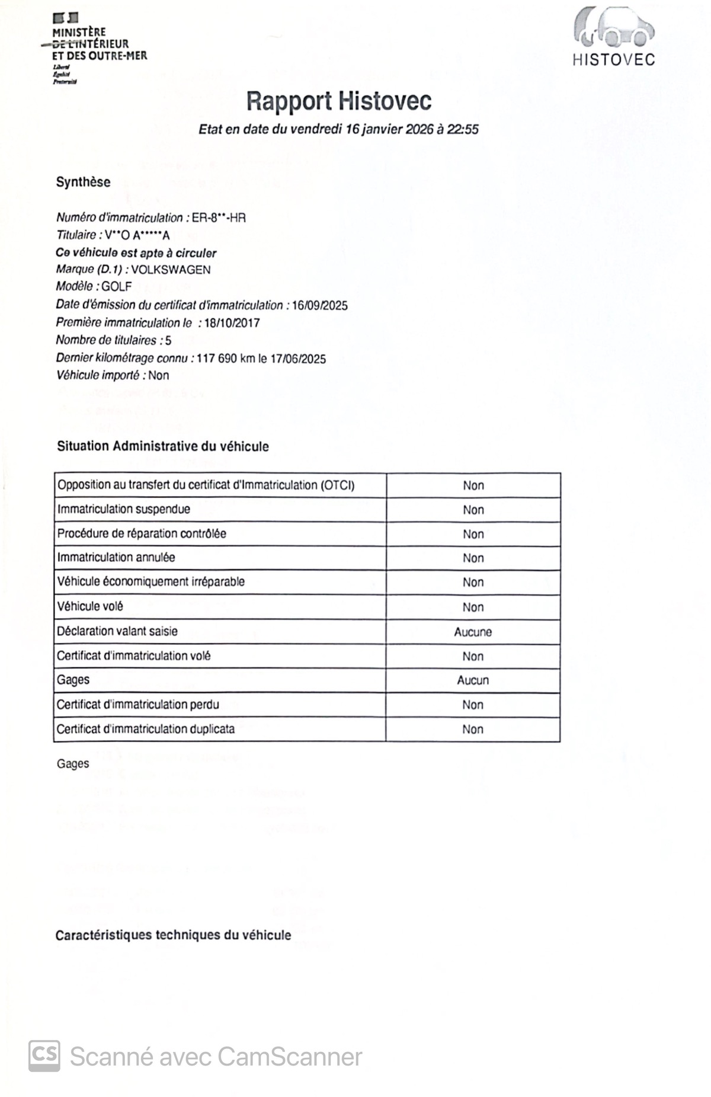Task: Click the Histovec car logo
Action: click(613, 28)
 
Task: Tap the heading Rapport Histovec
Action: click(338, 101)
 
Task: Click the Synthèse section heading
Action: click(83, 182)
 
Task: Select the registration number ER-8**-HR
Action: click(219, 218)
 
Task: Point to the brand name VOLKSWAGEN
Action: click(171, 270)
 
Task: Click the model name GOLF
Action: click(117, 287)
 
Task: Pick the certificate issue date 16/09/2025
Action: click(320, 305)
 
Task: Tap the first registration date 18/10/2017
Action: click(232, 323)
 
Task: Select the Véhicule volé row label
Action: click(90, 606)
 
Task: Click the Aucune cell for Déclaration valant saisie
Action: click(473, 632)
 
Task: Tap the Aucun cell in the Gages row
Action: click(473, 680)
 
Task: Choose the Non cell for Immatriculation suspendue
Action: click(473, 510)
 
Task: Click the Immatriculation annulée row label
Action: click(116, 557)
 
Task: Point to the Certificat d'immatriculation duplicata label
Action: click(146, 729)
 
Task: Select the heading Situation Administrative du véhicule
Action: click(163, 446)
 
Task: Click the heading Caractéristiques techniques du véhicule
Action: click(173, 935)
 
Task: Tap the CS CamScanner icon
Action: click(44, 1056)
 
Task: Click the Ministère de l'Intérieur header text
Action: click(99, 44)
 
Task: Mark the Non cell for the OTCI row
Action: click(473, 485)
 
